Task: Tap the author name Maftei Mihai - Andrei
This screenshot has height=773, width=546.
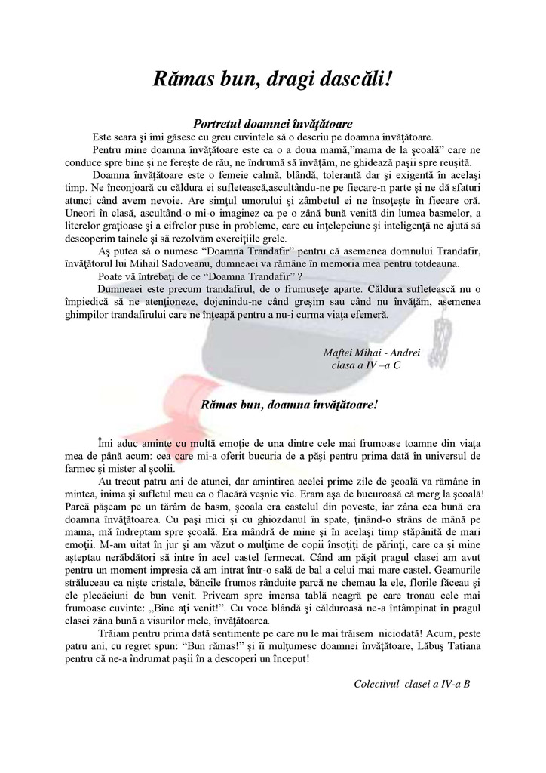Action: pos(371,353)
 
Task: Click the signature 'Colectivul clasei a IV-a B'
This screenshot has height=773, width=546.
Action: pos(412,684)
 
